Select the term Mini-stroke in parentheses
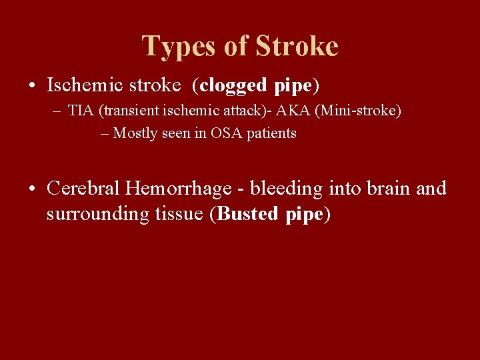[366, 111]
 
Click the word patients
[273, 133]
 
